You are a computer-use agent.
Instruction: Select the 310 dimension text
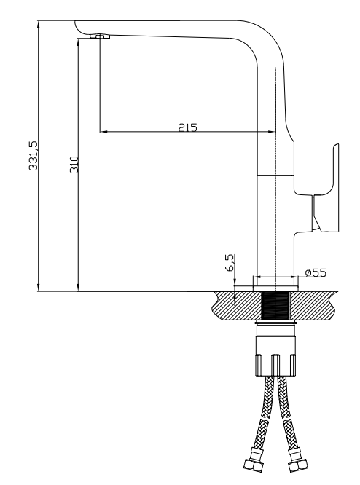[x=74, y=165]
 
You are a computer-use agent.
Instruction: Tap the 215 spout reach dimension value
[x=187, y=127]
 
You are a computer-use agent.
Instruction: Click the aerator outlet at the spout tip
[x=99, y=36]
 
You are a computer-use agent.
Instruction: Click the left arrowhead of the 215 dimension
[x=102, y=132]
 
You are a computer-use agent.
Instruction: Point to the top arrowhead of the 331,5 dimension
[x=39, y=23]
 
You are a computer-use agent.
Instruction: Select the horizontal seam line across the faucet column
[x=275, y=176]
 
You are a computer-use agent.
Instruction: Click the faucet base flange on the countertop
[x=275, y=285]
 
